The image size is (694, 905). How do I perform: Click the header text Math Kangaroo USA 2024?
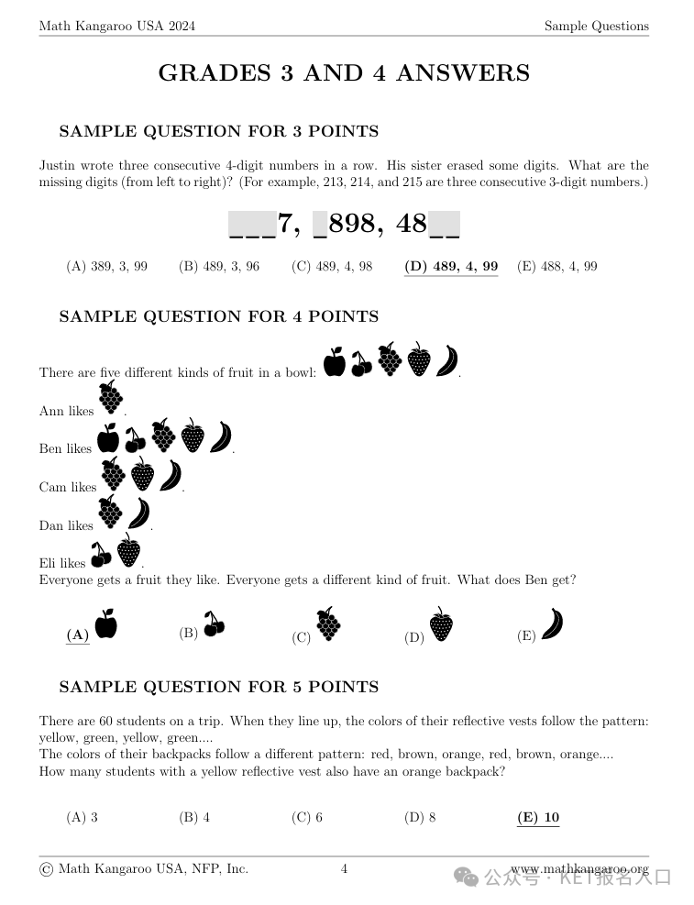pyautogui.click(x=116, y=27)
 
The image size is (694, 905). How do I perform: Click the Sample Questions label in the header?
pyautogui.click(x=596, y=27)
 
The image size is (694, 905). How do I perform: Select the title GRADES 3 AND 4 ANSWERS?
pyautogui.click(x=344, y=73)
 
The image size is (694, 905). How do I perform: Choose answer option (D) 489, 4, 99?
pyautogui.click(x=451, y=267)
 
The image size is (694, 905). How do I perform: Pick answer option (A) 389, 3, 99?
pyautogui.click(x=106, y=267)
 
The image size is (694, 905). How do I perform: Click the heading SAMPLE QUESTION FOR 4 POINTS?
pyautogui.click(x=218, y=316)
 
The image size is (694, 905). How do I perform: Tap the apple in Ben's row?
pyautogui.click(x=108, y=437)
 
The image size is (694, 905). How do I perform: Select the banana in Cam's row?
pyautogui.click(x=171, y=476)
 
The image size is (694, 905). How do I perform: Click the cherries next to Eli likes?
pyautogui.click(x=101, y=555)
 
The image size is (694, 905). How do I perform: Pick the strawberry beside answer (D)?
pyautogui.click(x=441, y=624)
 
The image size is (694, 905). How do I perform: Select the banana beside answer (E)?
pyautogui.click(x=552, y=624)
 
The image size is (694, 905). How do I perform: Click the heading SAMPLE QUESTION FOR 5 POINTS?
pyautogui.click(x=218, y=687)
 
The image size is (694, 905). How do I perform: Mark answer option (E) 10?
pyautogui.click(x=538, y=818)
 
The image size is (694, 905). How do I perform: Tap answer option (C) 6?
pyautogui.click(x=307, y=818)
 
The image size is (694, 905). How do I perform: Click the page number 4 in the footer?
pyautogui.click(x=344, y=869)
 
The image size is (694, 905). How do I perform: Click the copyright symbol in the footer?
pyautogui.click(x=46, y=869)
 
